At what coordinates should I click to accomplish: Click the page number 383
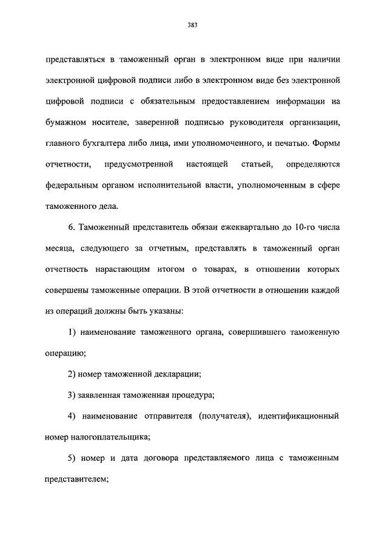point(193,25)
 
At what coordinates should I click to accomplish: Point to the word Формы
point(327,144)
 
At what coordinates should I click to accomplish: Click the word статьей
point(258,165)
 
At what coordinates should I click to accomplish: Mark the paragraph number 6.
point(71,227)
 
